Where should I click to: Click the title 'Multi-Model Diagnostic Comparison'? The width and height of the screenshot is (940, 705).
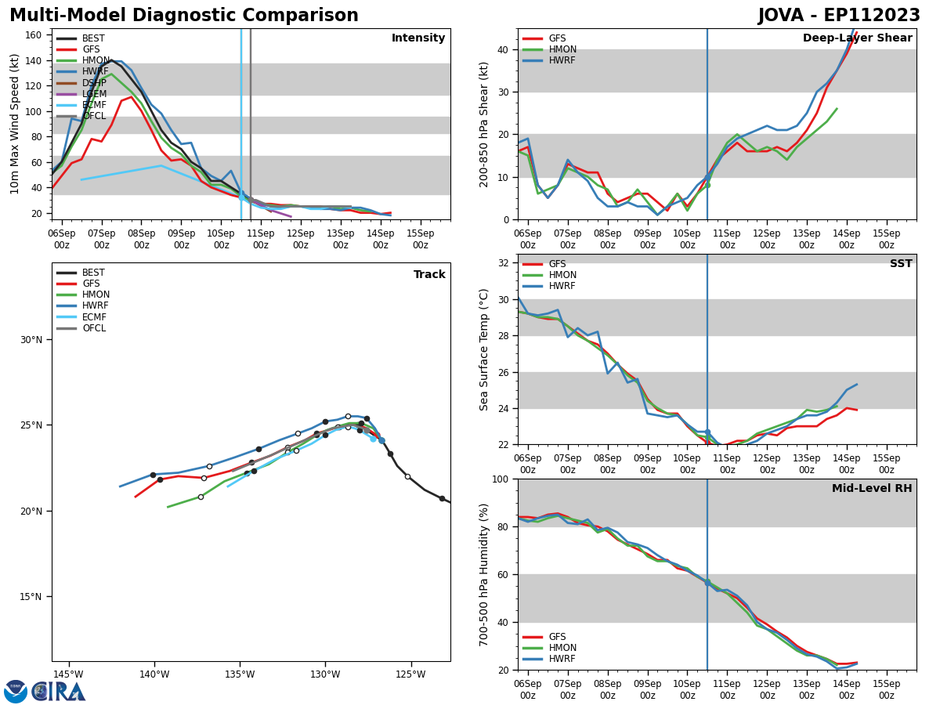[184, 16]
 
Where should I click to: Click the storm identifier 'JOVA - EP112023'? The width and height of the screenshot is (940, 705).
[839, 16]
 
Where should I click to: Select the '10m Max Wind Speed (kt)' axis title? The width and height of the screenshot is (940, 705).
[15, 124]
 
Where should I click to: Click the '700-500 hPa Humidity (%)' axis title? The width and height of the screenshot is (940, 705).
[484, 574]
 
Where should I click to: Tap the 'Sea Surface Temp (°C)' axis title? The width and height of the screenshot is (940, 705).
[484, 349]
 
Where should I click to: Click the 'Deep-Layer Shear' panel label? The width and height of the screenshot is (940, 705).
[857, 38]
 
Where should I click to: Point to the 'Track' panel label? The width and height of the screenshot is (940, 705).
[429, 275]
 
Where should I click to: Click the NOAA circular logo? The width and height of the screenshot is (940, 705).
[16, 692]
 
